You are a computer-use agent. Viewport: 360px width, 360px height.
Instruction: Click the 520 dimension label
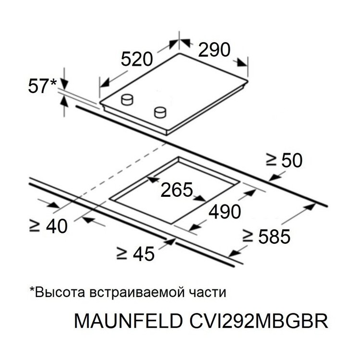[x=137, y=59]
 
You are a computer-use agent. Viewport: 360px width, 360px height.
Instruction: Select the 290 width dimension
[x=214, y=49]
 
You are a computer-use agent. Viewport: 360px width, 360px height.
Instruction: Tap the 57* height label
[x=42, y=86]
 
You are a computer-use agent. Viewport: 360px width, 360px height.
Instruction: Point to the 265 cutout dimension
[x=177, y=190]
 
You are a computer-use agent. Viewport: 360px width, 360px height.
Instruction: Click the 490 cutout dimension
[x=225, y=212]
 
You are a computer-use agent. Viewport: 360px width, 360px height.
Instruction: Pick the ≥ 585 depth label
[x=266, y=237]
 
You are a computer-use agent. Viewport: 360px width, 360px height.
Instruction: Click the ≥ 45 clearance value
[x=136, y=254]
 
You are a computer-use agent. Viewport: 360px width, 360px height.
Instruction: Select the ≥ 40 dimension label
[x=48, y=226]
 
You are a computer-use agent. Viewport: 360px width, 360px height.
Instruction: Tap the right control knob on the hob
[x=160, y=112]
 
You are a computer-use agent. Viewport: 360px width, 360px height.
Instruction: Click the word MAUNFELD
[x=129, y=321]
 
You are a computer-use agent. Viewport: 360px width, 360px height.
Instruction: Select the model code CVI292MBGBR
[x=259, y=321]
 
